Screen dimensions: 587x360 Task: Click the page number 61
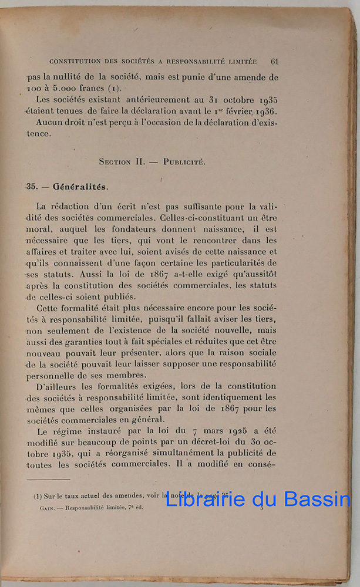(274, 60)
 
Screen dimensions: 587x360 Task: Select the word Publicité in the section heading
(184, 161)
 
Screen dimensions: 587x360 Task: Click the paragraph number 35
(32, 187)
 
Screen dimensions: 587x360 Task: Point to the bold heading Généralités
(80, 187)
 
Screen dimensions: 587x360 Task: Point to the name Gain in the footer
(41, 508)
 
